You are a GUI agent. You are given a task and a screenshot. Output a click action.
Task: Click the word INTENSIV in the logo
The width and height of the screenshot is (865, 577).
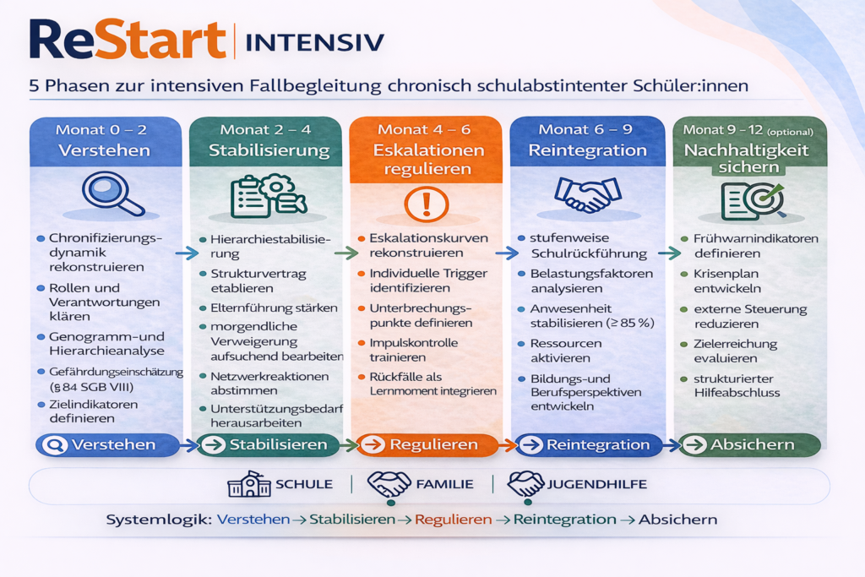314,42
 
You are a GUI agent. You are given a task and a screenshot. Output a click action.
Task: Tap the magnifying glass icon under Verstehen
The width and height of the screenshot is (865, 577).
112,193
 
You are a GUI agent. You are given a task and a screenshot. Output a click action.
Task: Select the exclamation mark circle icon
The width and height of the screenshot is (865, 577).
426,204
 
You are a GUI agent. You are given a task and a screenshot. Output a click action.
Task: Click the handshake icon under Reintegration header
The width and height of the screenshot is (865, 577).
588,194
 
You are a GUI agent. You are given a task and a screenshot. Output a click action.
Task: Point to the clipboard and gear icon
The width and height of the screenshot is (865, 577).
269,196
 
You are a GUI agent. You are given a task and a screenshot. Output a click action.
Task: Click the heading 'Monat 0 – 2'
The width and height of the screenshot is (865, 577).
101,129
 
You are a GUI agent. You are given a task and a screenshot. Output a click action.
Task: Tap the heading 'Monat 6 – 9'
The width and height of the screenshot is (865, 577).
585,129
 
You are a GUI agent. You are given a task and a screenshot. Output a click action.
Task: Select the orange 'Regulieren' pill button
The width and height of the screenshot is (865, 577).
427,444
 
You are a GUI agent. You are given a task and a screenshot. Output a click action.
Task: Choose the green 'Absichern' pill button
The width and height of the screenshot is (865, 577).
749,444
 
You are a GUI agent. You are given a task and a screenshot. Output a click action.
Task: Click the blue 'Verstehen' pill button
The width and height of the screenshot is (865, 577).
107,444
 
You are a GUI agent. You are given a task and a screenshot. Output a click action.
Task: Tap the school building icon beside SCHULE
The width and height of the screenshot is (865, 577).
249,484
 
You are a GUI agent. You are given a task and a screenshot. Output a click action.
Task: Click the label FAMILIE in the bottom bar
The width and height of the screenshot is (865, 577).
444,484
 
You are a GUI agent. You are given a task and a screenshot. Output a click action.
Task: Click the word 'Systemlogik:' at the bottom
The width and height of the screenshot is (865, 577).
159,520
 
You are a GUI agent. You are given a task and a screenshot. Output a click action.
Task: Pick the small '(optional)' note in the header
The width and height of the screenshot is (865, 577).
790,132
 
